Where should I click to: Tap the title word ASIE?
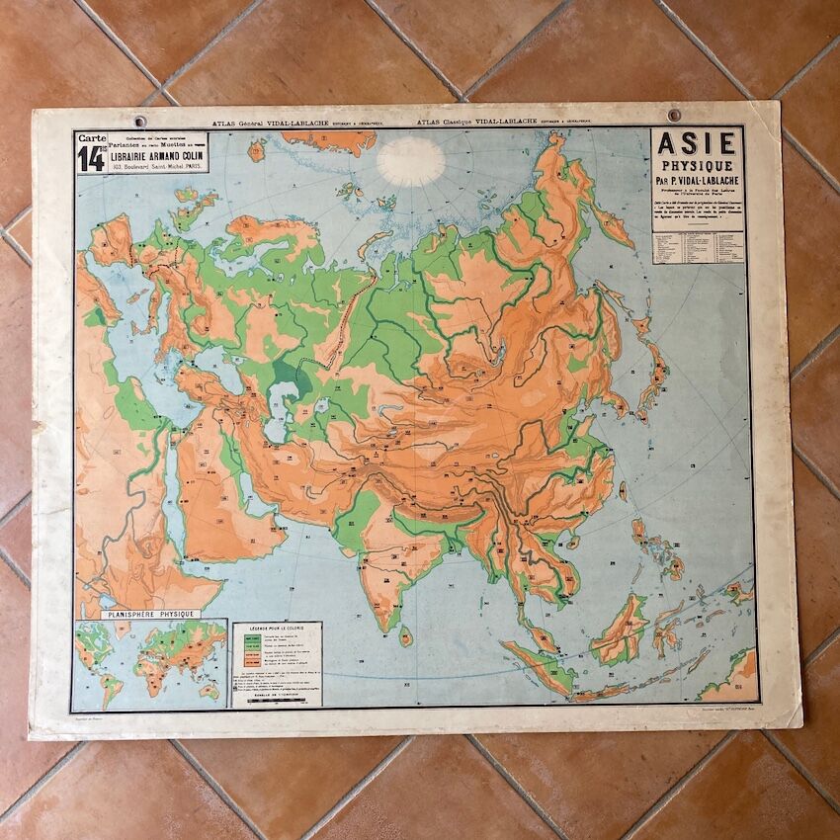point(697,143)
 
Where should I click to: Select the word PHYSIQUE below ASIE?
point(697,165)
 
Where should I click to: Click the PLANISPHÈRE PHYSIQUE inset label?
point(149,614)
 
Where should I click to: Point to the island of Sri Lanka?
point(405,634)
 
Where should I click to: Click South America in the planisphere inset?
point(110,682)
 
